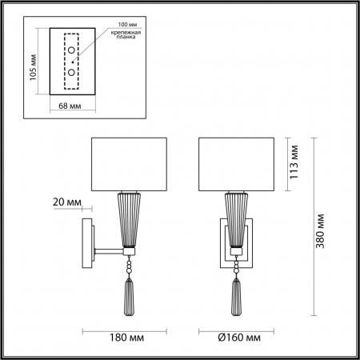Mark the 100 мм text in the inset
[115, 25]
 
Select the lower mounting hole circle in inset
[72, 71]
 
